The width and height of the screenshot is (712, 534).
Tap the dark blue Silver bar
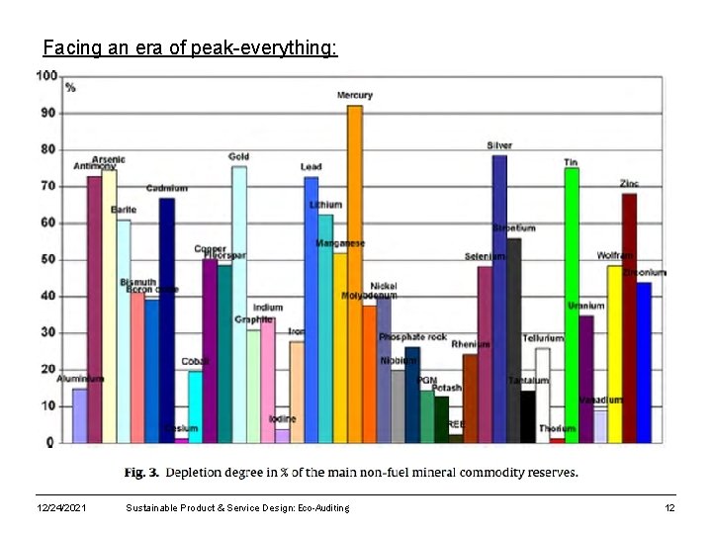[499, 297]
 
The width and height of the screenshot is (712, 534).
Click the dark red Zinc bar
[629, 316]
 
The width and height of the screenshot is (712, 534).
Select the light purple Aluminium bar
[79, 415]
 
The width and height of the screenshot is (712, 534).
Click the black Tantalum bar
[528, 416]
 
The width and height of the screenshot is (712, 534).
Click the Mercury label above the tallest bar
[354, 95]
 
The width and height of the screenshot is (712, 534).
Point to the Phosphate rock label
[413, 337]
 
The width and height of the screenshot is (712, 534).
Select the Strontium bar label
[514, 228]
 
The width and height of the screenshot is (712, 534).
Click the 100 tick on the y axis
[45, 76]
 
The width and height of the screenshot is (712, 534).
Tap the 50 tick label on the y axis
[46, 259]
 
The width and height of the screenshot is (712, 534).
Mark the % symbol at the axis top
[70, 88]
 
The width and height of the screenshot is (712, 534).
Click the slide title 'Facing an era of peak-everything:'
[190, 47]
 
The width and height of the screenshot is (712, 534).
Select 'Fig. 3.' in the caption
[140, 473]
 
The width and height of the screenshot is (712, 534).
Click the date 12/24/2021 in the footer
[60, 507]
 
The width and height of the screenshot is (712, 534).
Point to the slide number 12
[668, 507]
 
